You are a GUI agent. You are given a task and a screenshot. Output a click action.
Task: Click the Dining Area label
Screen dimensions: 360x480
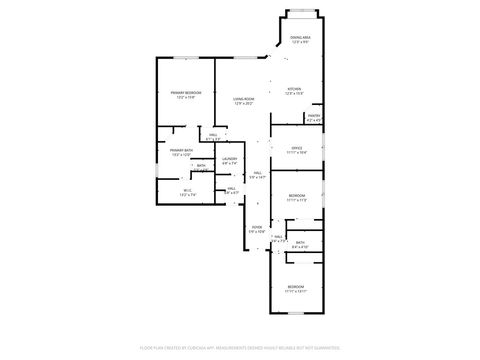coord(299,38)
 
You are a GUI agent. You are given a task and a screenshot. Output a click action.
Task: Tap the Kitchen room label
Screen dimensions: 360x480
coord(294,89)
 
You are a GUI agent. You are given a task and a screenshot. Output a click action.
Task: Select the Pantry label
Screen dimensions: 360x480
coord(313,116)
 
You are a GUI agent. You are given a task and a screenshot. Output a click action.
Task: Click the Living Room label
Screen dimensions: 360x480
coord(243,98)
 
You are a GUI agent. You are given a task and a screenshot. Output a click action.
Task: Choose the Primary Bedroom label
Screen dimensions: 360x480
coord(182,93)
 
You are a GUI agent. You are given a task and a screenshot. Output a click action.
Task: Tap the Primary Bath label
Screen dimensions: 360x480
coord(181,151)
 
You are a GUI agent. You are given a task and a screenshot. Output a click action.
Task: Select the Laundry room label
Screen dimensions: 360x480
coord(229,158)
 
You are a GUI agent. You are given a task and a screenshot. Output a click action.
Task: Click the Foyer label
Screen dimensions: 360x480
coord(256,227)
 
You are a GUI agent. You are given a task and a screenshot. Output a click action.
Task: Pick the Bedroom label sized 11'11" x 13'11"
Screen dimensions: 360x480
coord(295,287)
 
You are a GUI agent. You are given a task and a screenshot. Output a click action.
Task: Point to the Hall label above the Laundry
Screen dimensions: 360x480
coord(213,134)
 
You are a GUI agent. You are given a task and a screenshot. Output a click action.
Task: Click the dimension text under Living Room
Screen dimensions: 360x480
coord(243,103)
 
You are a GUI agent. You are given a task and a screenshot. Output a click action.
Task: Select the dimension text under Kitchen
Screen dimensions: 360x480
coord(294,94)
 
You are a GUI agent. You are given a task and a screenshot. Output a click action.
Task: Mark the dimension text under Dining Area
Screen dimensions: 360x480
coord(299,43)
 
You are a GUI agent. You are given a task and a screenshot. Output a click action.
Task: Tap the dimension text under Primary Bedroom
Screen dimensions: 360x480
coord(182,98)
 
